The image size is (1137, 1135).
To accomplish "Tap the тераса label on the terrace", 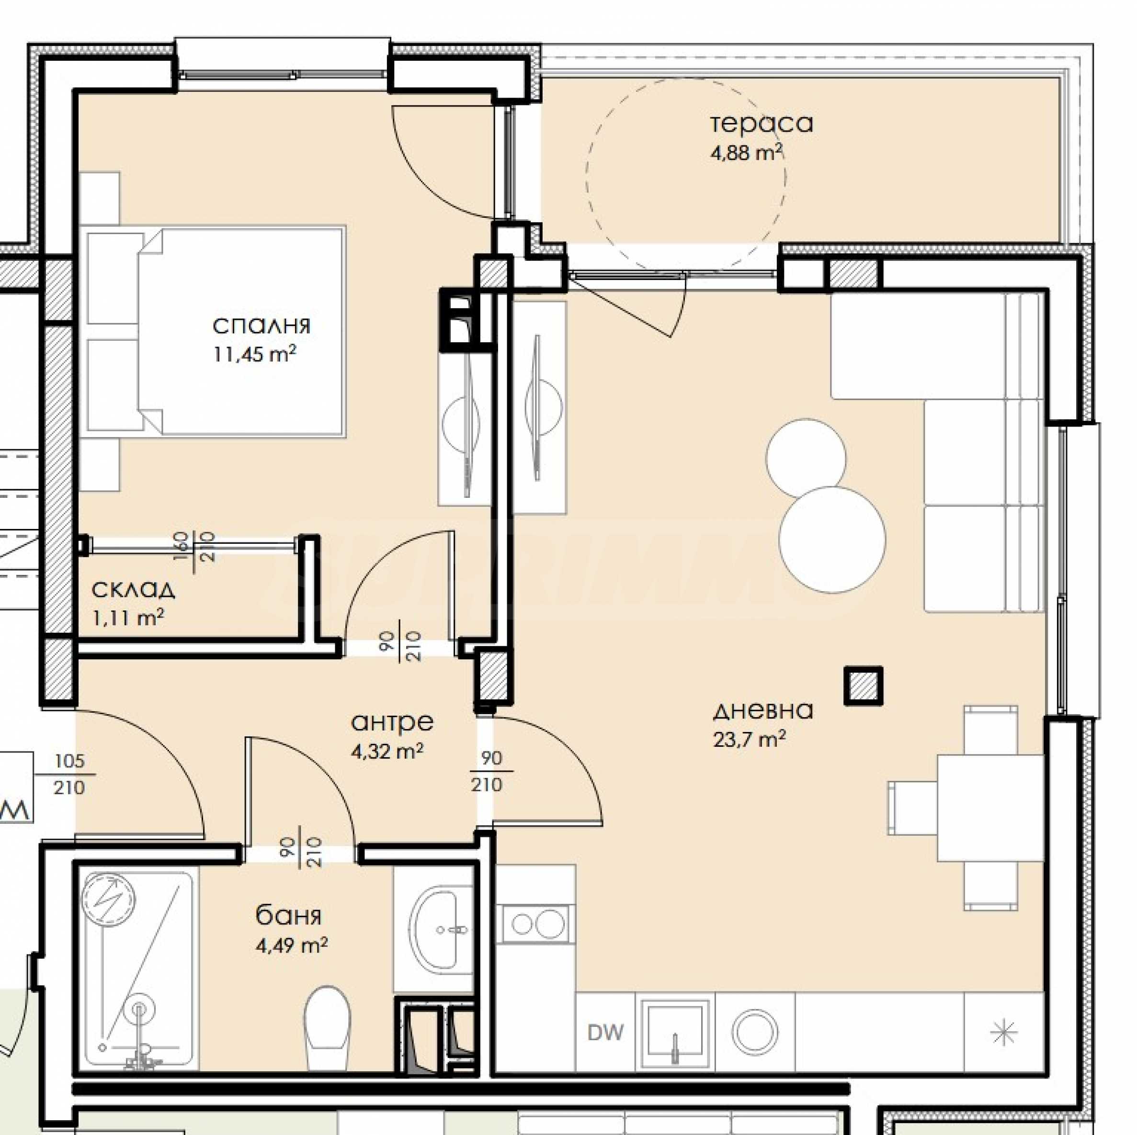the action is point(762,124).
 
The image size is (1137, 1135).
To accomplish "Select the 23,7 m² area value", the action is point(749,738).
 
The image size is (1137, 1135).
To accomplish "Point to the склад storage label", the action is point(133,589).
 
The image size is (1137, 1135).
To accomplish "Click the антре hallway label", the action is point(392,722).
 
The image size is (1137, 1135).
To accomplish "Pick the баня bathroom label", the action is point(288,916).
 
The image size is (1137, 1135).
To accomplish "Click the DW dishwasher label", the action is point(605,1032).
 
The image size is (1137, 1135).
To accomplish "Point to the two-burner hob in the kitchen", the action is point(535,923).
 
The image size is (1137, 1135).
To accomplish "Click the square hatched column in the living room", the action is point(864,685).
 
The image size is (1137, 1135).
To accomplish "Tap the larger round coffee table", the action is point(832,539).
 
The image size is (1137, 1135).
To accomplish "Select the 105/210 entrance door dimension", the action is point(69,775).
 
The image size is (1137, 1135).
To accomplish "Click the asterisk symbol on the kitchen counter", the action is point(1003,1032).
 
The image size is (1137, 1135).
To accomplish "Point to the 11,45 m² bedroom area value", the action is point(254,354).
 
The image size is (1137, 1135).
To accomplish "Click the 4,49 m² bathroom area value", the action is point(291,945).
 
